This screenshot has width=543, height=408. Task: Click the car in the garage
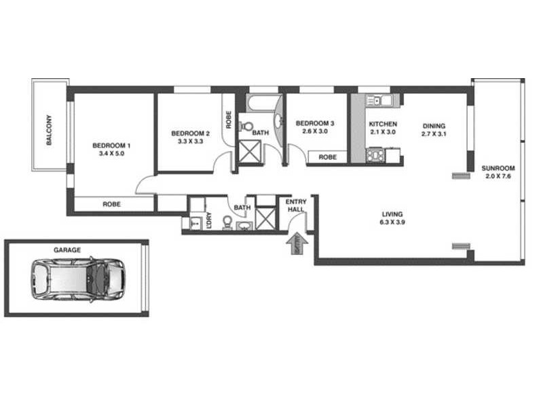click(x=77, y=278)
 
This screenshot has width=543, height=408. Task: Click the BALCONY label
click(x=50, y=129)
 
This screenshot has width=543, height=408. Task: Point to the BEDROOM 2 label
click(x=190, y=133)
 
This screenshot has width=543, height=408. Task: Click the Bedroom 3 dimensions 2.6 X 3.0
click(x=316, y=131)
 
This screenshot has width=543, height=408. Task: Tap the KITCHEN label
click(x=383, y=124)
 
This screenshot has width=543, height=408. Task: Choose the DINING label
click(x=434, y=125)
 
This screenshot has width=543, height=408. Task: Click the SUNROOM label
click(x=498, y=168)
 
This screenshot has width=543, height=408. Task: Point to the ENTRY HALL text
click(x=296, y=206)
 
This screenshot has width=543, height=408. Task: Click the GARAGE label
click(x=67, y=250)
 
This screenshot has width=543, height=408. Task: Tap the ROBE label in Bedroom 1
click(x=112, y=203)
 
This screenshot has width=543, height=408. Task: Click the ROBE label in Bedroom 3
click(x=328, y=157)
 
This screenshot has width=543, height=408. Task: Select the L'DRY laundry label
click(x=209, y=221)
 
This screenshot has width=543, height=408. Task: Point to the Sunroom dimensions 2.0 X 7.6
click(x=498, y=177)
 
